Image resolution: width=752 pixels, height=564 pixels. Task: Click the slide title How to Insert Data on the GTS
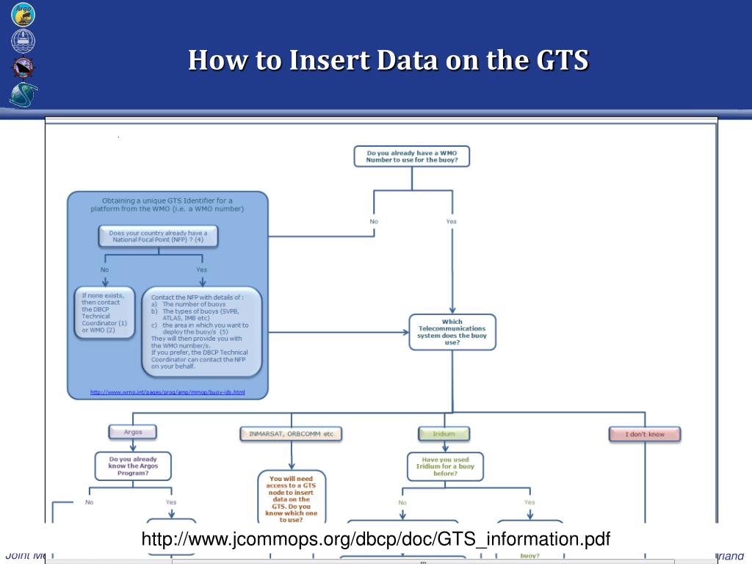pos(388,60)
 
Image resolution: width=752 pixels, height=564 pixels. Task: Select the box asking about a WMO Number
pos(411,156)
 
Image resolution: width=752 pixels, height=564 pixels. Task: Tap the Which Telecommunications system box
pos(452,332)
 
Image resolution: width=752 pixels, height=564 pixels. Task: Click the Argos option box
pos(133,432)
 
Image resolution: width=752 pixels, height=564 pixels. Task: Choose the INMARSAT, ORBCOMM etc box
pos(291,434)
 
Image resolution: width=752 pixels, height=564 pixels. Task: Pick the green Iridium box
pos(444,434)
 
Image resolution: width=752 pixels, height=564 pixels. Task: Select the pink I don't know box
pos(645,434)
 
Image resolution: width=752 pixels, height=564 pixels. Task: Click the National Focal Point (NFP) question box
pos(158,236)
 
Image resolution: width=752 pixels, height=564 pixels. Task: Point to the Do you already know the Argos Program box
pos(133,466)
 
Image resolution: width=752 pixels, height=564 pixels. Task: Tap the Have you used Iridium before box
pos(446,466)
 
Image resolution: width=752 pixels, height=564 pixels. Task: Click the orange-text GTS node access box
pos(292,497)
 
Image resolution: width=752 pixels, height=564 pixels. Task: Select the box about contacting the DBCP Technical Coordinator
pos(104,312)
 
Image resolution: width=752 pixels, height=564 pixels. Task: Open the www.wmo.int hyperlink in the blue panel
pos(167,392)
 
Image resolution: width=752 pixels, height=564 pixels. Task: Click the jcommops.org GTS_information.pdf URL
pos(376,540)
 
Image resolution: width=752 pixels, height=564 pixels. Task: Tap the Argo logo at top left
pos(23,14)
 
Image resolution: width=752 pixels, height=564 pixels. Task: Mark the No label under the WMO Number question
pos(374,221)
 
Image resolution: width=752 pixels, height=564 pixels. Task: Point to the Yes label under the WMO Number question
pos(451,221)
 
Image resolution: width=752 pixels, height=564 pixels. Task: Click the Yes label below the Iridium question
pos(529,502)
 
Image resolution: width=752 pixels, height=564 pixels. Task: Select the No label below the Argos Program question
pos(90,502)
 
